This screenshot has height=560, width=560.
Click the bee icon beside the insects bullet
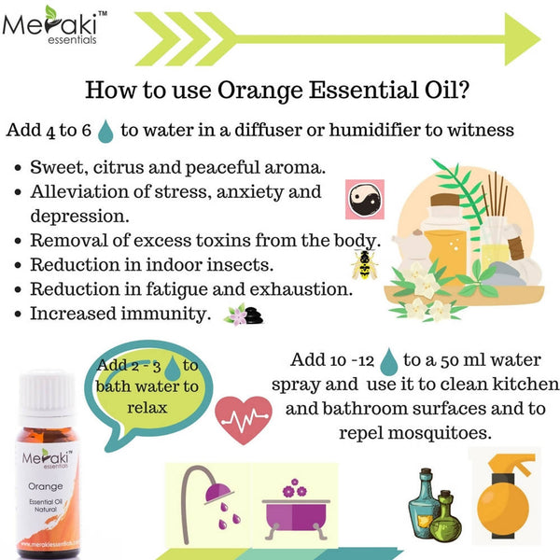pyautogui.click(x=360, y=264)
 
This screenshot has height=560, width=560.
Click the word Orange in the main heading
pyautogui.click(x=254, y=91)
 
